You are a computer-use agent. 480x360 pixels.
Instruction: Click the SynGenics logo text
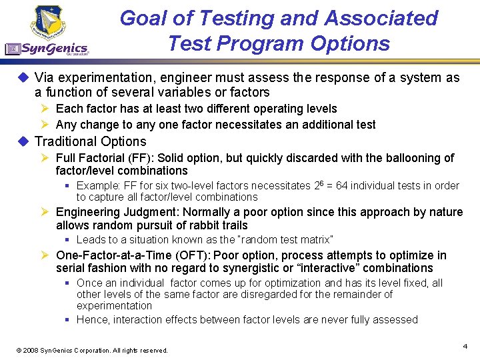pos(53,48)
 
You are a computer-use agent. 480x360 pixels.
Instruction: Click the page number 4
pos(465,346)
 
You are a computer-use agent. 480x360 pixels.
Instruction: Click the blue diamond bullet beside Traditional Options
pos(23,141)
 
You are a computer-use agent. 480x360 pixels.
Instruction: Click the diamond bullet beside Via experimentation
pos(23,77)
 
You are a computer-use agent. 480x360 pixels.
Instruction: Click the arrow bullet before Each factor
pos(45,109)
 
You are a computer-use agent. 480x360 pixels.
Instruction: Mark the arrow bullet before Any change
pos(45,125)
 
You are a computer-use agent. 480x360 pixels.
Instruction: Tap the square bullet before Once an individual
pos(68,283)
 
